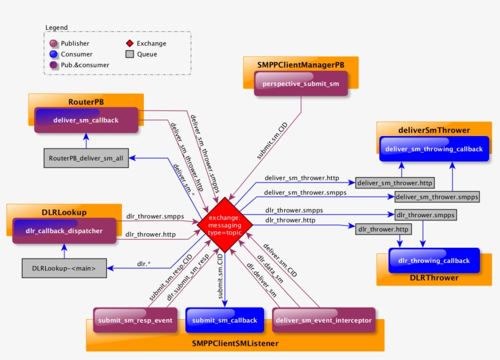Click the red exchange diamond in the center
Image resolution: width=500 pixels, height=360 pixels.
coord(224,225)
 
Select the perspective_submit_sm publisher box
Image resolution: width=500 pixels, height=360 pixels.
coord(301,84)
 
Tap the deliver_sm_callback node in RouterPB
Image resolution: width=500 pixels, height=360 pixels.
coord(86,120)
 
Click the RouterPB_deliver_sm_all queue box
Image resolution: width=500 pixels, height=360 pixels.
coord(86,157)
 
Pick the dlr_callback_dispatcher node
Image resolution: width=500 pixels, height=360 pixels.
coord(73,231)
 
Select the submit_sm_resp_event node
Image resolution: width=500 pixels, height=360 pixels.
coord(135,320)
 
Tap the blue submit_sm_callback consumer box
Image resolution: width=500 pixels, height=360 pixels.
coord(224,320)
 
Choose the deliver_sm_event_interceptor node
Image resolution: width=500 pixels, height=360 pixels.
coord(323,320)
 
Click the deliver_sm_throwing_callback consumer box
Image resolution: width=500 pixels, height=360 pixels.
coord(434,149)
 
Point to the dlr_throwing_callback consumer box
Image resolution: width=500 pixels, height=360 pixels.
coord(434,261)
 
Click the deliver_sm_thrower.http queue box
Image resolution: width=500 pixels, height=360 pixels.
coord(395,182)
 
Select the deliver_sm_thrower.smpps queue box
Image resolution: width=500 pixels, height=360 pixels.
coord(437,196)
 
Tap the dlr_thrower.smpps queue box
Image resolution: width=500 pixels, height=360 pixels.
coord(425,215)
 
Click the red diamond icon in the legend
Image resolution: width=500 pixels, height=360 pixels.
coord(129,43)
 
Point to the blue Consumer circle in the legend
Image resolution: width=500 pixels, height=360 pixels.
coord(54,54)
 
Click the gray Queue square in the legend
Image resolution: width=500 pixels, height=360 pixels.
coord(129,54)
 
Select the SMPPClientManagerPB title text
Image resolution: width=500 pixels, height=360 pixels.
coord(301,63)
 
